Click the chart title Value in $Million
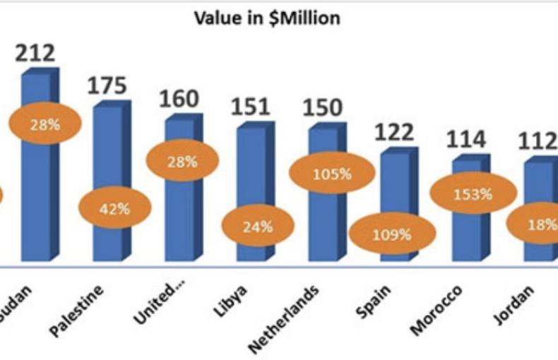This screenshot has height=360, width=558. point(267,18)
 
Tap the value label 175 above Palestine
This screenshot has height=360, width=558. point(107,86)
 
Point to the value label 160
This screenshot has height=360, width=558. point(179,99)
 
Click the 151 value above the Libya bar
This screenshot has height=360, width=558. point(251,107)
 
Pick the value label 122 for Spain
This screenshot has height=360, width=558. point(394,132)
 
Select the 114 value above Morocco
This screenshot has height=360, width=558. point(466,140)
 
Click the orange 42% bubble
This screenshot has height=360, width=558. point(114,209)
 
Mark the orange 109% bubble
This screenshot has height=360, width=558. point(393,234)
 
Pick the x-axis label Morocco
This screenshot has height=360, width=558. point(437,311)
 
